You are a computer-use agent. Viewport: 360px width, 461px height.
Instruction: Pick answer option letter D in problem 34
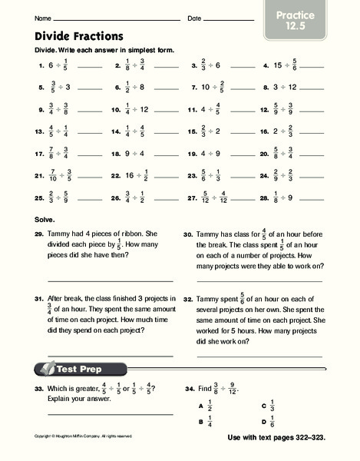click(263, 423)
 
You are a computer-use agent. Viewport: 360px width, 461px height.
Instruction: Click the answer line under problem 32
click(259, 356)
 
